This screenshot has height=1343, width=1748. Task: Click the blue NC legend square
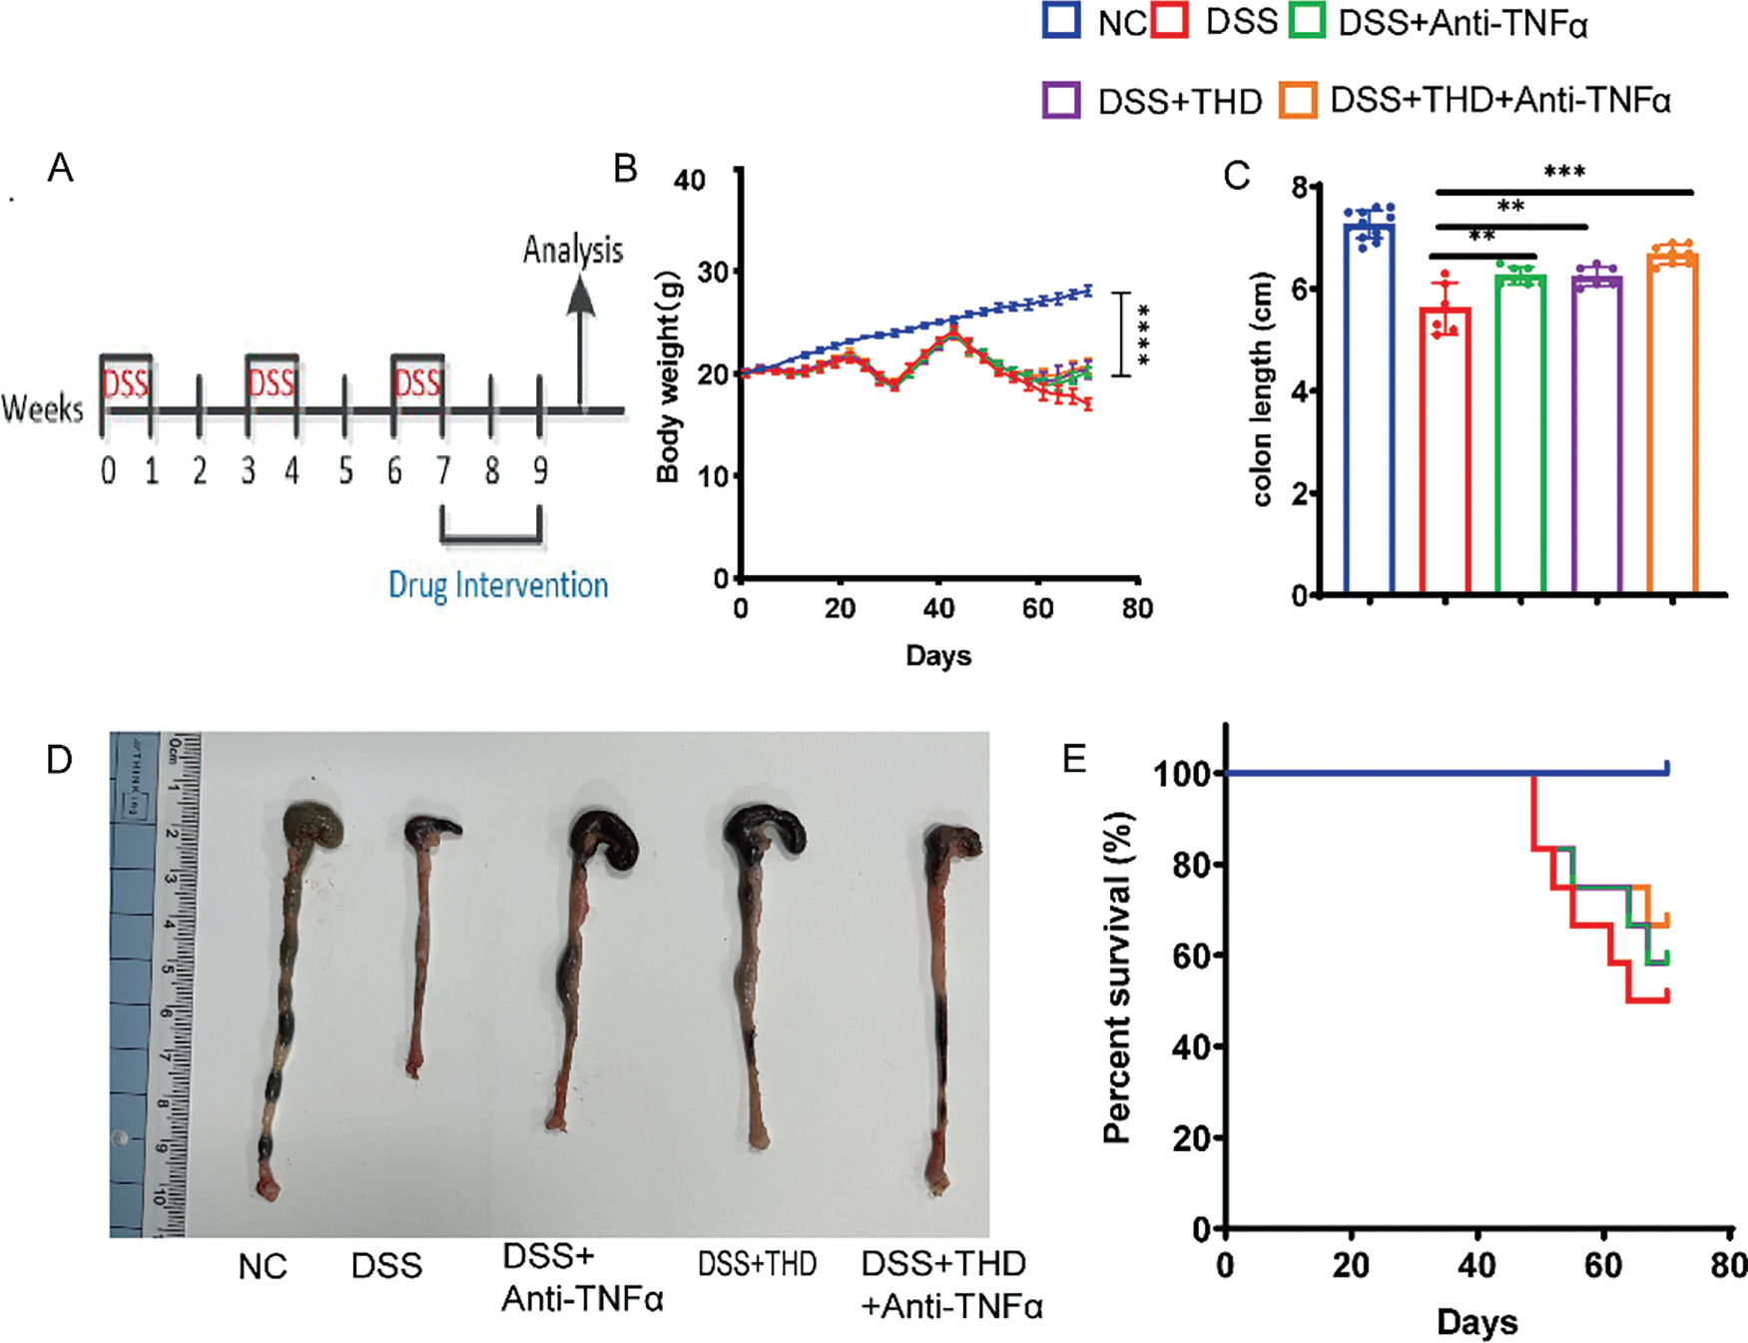point(1061,21)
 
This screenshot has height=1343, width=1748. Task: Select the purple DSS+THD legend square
point(1061,100)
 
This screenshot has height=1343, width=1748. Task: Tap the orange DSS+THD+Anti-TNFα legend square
point(1298,100)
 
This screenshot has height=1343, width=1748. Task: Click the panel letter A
point(61,168)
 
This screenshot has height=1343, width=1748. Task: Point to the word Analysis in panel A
point(573,250)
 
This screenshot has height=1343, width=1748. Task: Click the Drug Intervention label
point(498,585)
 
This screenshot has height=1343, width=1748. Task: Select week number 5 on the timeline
point(345,470)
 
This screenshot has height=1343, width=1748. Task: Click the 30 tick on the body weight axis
point(690,273)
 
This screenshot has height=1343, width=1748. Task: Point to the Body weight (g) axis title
point(668,377)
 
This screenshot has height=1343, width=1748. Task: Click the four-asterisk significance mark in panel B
point(1141,335)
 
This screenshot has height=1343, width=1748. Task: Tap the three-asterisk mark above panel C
point(1564,172)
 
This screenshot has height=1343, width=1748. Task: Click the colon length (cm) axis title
point(1262,389)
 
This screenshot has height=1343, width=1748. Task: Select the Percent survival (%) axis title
point(1119,977)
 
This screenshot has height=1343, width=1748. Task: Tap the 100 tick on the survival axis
point(1183,774)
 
